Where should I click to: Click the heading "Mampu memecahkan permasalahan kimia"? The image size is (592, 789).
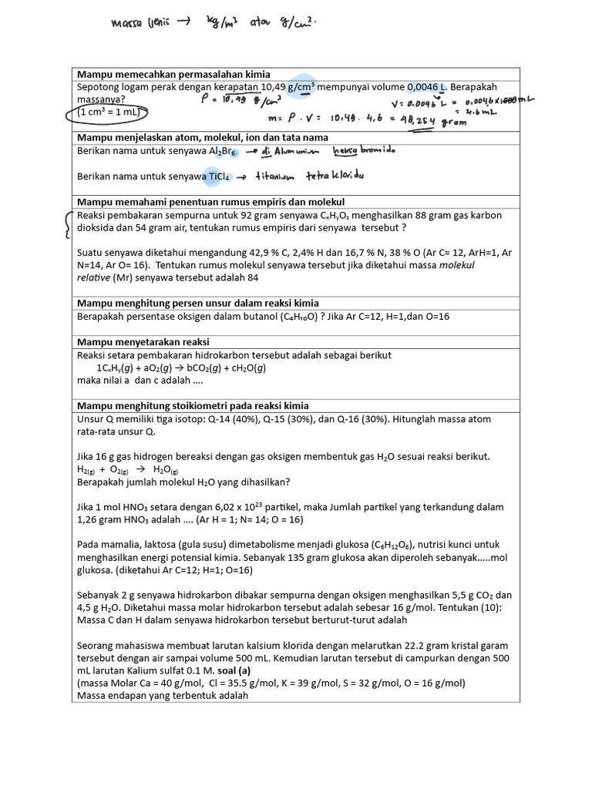(x=170, y=73)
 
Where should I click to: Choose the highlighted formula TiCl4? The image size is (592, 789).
(x=218, y=176)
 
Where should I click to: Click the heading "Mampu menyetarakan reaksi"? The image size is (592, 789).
(x=143, y=341)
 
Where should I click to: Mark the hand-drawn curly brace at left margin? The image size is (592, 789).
(x=70, y=224)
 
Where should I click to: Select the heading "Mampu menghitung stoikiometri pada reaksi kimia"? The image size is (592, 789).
(x=193, y=405)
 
